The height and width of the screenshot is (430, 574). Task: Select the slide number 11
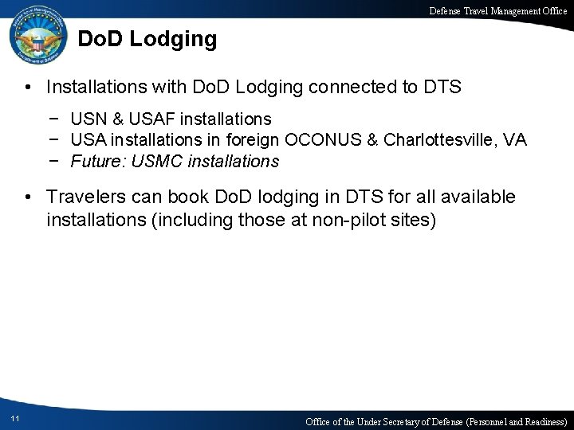click(16, 419)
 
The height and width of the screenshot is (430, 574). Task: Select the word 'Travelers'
click(83, 197)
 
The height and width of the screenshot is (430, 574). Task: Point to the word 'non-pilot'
click(353, 219)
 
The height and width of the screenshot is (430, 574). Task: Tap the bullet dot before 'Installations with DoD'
click(28, 85)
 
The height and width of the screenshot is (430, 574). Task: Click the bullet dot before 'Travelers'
click(28, 197)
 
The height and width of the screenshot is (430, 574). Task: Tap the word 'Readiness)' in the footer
click(541, 420)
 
